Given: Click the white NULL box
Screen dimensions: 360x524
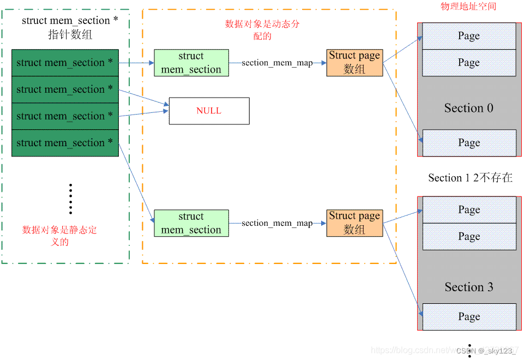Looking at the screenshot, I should (x=209, y=111).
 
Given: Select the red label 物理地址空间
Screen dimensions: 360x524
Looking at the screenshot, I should (x=468, y=7).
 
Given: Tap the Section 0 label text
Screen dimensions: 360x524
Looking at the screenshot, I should (x=468, y=108).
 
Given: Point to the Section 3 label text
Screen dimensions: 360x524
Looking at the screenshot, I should (x=468, y=287).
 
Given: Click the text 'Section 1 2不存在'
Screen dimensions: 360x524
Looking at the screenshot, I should (x=470, y=178).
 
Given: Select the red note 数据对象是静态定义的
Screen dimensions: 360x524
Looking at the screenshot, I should (x=59, y=236).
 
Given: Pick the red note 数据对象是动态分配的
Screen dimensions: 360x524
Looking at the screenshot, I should (x=262, y=30).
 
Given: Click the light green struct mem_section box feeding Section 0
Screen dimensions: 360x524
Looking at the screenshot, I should (x=191, y=63).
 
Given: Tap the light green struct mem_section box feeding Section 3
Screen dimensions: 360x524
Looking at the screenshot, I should (x=191, y=223).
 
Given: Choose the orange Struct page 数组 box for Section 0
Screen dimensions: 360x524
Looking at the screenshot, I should (x=354, y=62).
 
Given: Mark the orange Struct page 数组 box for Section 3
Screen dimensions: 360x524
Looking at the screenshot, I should (x=354, y=223).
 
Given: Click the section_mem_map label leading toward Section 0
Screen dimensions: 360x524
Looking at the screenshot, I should (x=277, y=63).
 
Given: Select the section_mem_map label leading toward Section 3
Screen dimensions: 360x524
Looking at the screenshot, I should (x=277, y=223).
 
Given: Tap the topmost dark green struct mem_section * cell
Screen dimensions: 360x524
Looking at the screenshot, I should (x=65, y=63).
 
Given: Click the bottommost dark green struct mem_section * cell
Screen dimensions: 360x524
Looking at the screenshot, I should (x=65, y=143).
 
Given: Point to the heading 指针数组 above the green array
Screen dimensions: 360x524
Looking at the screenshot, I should (x=70, y=35).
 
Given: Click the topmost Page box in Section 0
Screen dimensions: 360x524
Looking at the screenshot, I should (x=468, y=36).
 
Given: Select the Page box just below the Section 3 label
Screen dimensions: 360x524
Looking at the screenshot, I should (x=468, y=317).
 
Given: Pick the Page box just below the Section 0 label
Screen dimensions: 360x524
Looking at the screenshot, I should (x=468, y=143).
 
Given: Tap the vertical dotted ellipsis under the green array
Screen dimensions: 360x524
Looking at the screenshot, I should (x=70, y=199).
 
